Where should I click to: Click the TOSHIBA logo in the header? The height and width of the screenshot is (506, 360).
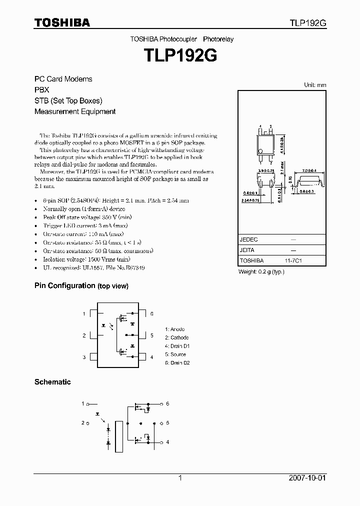[62, 22]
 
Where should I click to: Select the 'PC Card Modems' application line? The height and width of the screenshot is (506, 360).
[63, 79]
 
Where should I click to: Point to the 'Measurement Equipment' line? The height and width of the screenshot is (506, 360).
[75, 111]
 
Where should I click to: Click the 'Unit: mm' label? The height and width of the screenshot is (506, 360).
[315, 85]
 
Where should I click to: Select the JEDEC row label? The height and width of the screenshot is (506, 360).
[249, 239]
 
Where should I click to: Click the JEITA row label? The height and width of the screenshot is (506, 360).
[247, 250]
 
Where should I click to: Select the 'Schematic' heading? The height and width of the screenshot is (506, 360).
[52, 381]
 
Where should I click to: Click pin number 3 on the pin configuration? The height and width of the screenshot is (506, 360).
[84, 357]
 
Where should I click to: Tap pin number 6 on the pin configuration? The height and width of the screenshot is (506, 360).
[151, 313]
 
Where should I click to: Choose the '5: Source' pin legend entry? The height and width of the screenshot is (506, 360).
[175, 354]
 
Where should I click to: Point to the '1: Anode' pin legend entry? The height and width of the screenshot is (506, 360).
[174, 329]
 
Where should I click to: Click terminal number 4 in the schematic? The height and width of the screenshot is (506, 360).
[167, 442]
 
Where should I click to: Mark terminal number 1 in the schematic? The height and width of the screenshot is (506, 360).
[83, 403]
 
